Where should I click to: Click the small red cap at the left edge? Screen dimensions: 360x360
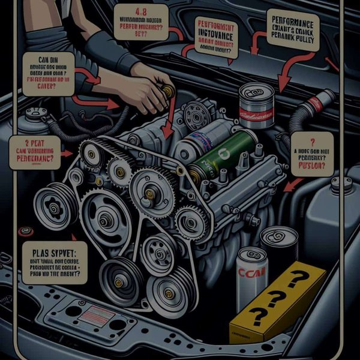25,231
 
